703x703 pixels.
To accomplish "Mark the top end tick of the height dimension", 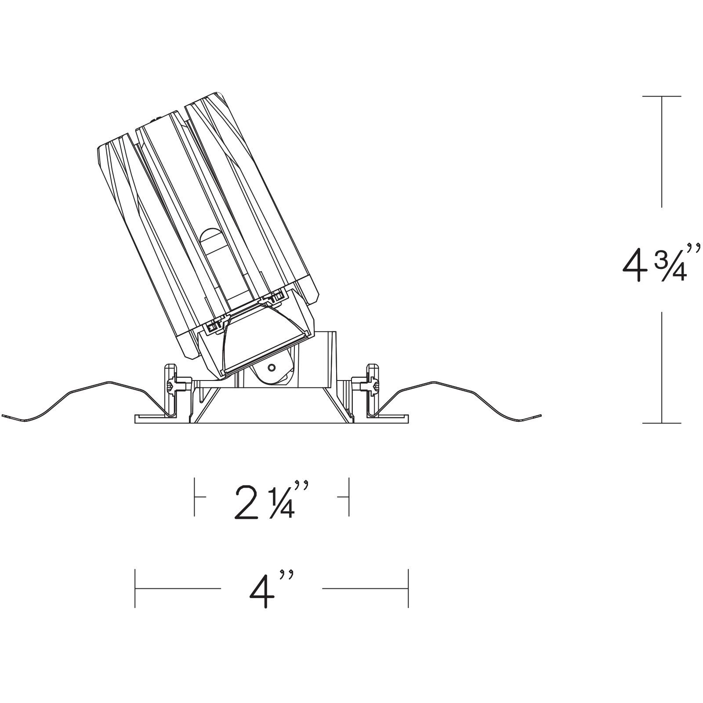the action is point(662,96).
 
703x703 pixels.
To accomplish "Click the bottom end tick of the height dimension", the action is point(662,423).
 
